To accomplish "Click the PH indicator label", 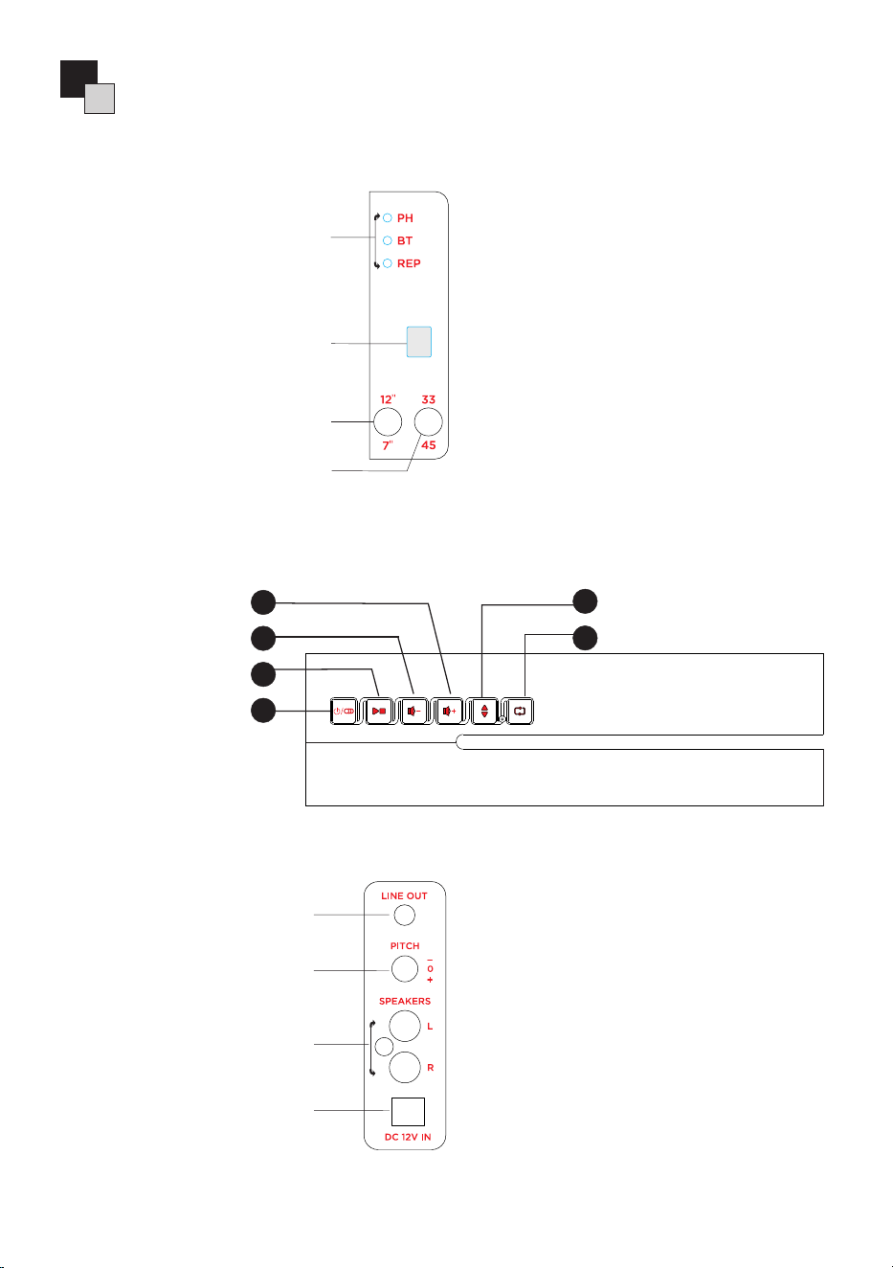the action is tap(405, 218).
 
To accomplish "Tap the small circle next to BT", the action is tap(387, 240).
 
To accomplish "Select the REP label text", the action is tap(409, 263).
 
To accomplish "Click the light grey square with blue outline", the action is tap(419, 342).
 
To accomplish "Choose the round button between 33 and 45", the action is tap(429, 421).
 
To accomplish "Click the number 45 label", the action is tap(429, 445).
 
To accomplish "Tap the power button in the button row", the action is tap(344, 711).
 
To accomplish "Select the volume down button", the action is tap(413, 711).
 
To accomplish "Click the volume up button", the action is tap(449, 711).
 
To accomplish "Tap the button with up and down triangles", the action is tap(484, 711).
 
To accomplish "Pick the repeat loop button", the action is tap(520, 711).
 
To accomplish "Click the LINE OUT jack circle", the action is tap(404, 915).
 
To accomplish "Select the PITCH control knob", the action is tap(405, 968).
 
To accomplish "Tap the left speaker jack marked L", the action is tap(405, 1026).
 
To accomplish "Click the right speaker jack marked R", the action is tap(405, 1067).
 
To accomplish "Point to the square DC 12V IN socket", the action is tap(408, 1111).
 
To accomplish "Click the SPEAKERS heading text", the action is tap(405, 1001).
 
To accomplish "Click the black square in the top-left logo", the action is tap(78, 79).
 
